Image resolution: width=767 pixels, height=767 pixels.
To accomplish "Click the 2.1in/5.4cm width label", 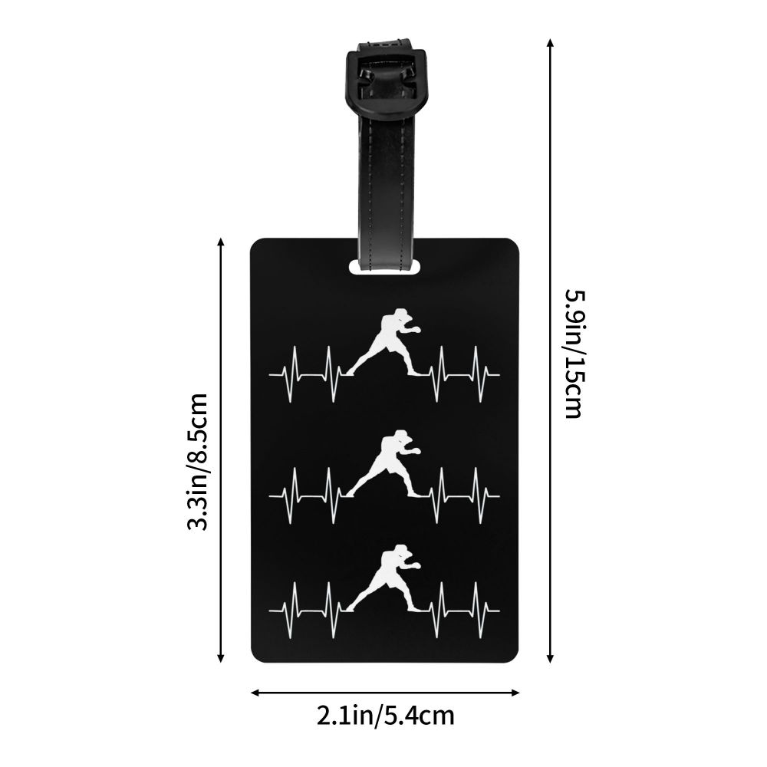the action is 386,716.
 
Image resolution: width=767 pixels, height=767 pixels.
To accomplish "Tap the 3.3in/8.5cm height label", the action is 199,462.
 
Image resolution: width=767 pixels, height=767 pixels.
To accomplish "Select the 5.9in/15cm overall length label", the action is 575,354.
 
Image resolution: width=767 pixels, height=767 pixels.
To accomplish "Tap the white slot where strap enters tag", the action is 384,267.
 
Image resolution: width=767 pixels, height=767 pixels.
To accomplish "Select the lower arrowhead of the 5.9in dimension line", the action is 550,658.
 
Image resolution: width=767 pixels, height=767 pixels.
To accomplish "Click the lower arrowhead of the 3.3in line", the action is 221,658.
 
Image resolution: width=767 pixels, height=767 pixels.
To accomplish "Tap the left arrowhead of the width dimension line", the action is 255,693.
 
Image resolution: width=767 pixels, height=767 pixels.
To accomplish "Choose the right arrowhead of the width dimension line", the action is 515,693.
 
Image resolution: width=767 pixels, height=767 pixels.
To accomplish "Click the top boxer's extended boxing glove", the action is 416,330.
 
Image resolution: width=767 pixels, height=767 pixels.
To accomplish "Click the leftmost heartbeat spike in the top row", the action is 294,375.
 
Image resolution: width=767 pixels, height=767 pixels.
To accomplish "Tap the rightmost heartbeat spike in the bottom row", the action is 477,610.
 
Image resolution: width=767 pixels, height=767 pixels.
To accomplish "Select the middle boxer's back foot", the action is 349,494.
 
